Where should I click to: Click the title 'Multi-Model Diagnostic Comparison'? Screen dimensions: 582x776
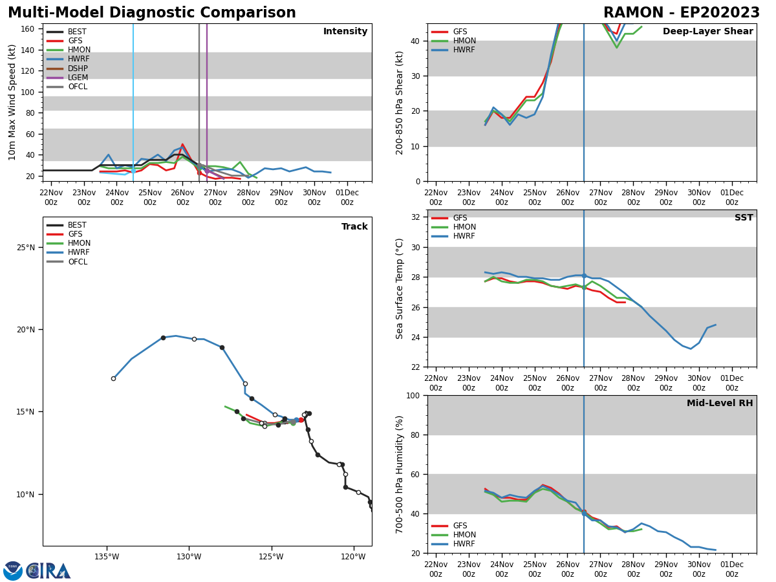click(x=151, y=13)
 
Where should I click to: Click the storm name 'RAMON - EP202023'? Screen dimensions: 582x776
click(x=681, y=13)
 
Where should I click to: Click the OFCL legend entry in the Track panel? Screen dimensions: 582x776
click(x=77, y=262)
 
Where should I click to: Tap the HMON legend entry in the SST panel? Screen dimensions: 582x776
click(x=464, y=227)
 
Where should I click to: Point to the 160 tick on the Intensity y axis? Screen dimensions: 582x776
click(x=28, y=29)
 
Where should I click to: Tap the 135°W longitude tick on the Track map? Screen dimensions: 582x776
click(x=107, y=556)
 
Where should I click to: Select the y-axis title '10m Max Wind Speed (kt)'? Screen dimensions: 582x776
click(x=12, y=102)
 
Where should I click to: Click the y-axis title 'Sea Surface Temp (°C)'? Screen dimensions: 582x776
click(x=400, y=288)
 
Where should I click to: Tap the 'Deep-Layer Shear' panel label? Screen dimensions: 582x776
click(x=707, y=32)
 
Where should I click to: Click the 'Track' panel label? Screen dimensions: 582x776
click(x=354, y=227)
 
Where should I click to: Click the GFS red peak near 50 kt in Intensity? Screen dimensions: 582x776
click(x=182, y=144)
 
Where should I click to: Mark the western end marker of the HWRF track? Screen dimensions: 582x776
click(x=113, y=378)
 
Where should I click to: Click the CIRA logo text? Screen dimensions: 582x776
click(x=48, y=570)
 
